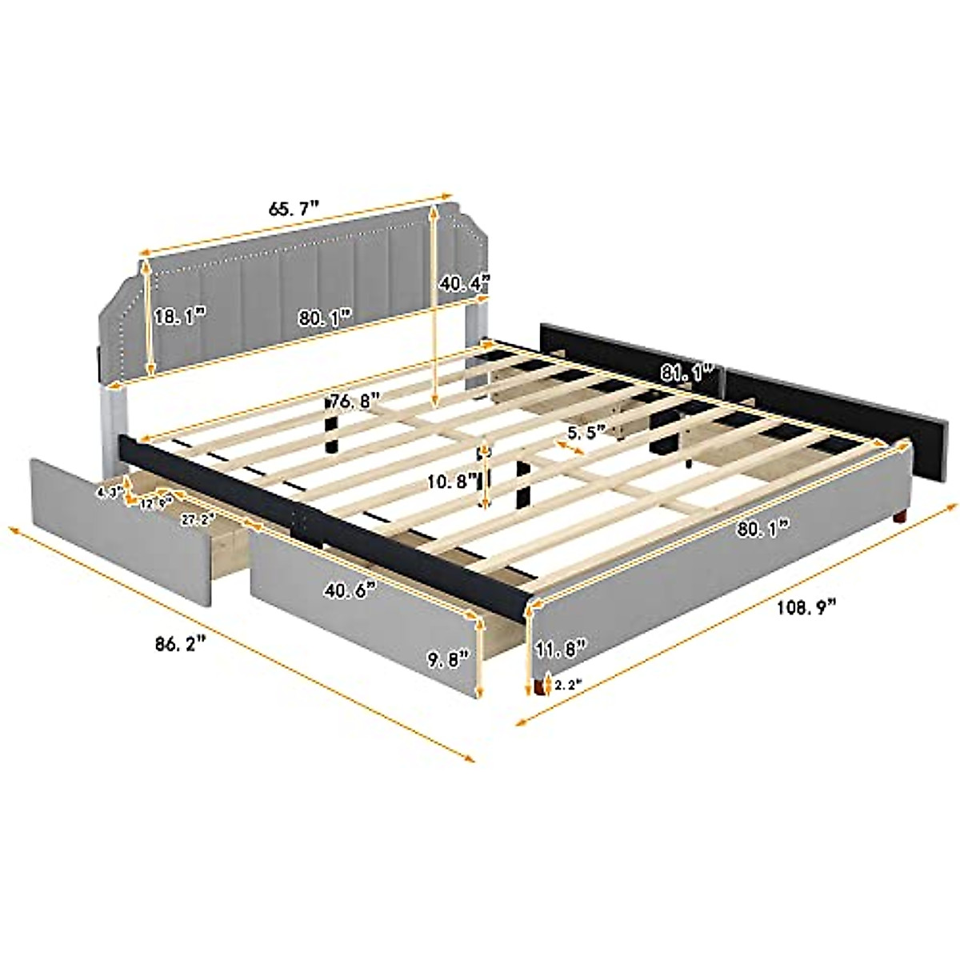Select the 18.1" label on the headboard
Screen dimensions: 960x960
point(180,316)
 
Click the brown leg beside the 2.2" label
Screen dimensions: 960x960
point(548,686)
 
